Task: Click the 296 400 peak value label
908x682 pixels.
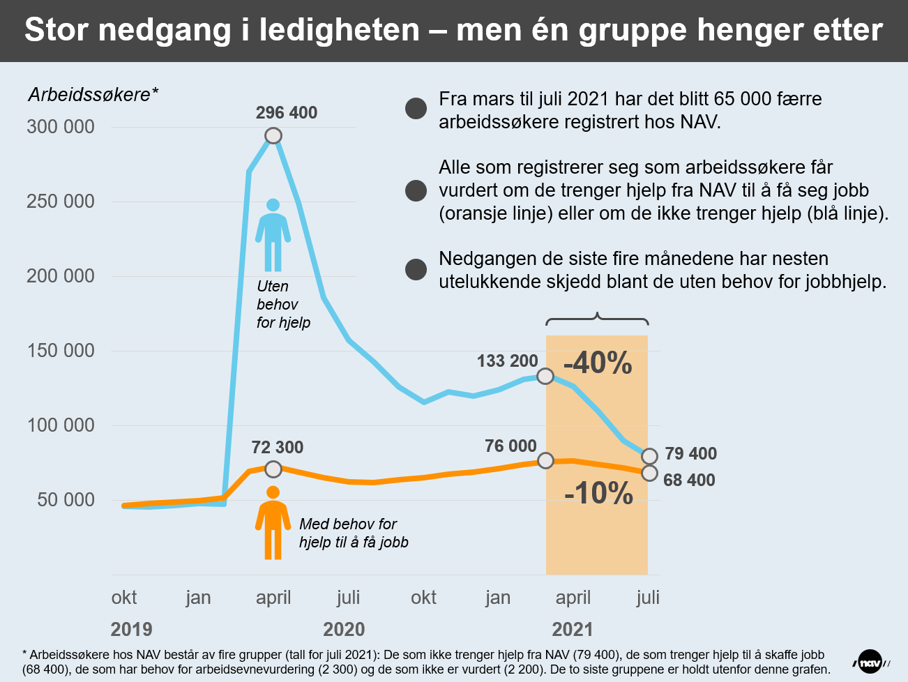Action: pos(286,113)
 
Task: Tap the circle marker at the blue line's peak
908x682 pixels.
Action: pos(273,135)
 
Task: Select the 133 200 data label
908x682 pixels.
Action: pos(507,361)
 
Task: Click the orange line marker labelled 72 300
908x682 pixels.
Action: pos(273,469)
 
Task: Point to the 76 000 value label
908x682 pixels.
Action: pos(510,446)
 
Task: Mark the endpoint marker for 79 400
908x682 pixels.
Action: pos(649,456)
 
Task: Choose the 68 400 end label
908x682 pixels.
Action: pos(689,480)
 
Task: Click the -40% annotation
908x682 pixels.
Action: pos(598,363)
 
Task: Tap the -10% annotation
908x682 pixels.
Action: pos(598,494)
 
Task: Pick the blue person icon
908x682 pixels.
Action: pos(273,235)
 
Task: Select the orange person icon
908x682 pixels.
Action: pos(273,523)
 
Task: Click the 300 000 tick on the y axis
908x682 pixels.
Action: pos(61,127)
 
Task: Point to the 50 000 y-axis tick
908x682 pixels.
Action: pos(66,500)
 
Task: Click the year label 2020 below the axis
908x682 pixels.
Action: pos(344,630)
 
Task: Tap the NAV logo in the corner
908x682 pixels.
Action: pos(870,662)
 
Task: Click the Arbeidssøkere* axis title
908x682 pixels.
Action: pos(93,95)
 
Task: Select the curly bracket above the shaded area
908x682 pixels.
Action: pos(597,319)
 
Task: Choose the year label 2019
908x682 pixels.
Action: pos(131,630)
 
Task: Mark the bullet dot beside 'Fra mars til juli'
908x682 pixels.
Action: pos(416,108)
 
